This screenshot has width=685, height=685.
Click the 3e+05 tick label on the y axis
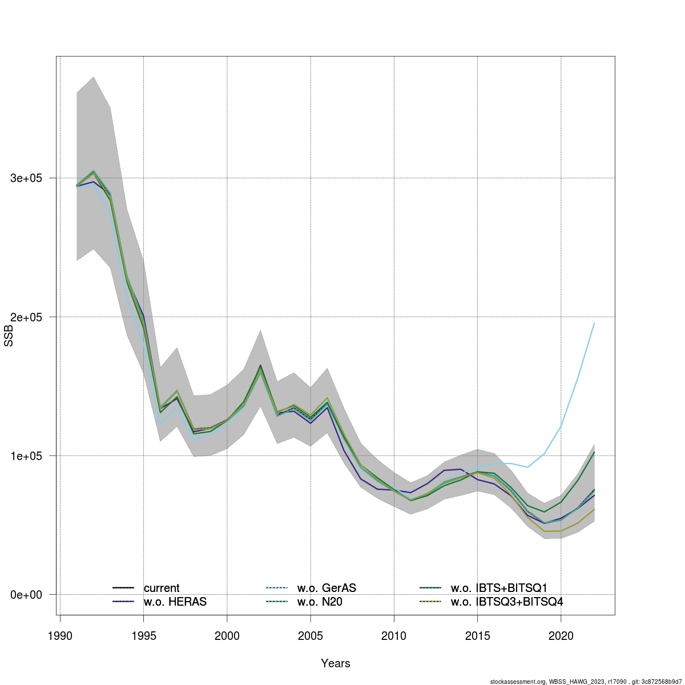coord(26,178)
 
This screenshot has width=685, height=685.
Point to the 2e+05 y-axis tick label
coord(26,317)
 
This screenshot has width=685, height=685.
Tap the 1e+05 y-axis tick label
coord(26,456)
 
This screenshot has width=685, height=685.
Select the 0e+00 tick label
coord(26,595)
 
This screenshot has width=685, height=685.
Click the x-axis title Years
coord(336,663)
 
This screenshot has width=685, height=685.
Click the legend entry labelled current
coord(162,588)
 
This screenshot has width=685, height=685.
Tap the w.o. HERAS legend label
coord(175,602)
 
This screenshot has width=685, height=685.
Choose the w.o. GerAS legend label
coord(327,588)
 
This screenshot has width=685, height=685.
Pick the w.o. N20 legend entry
coord(320,602)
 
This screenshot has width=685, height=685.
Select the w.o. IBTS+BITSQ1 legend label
coord(499,588)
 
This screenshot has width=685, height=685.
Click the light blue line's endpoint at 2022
coord(594,323)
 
